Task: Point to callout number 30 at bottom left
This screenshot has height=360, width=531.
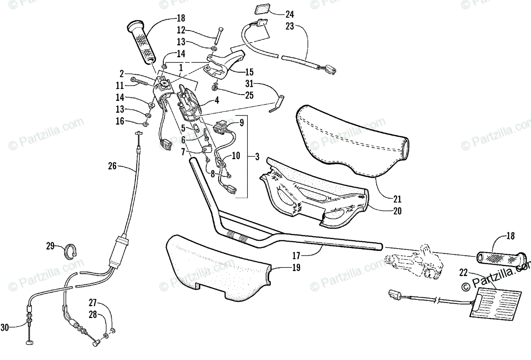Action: pos(5,327)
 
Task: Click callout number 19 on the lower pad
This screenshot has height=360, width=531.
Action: pos(296,267)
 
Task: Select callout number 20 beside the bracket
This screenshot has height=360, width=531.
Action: pos(397,211)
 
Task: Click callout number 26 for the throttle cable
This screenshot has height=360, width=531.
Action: pos(112,166)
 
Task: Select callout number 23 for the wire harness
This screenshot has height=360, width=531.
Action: pos(289,26)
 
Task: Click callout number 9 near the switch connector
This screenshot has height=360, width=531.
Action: pos(242,123)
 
